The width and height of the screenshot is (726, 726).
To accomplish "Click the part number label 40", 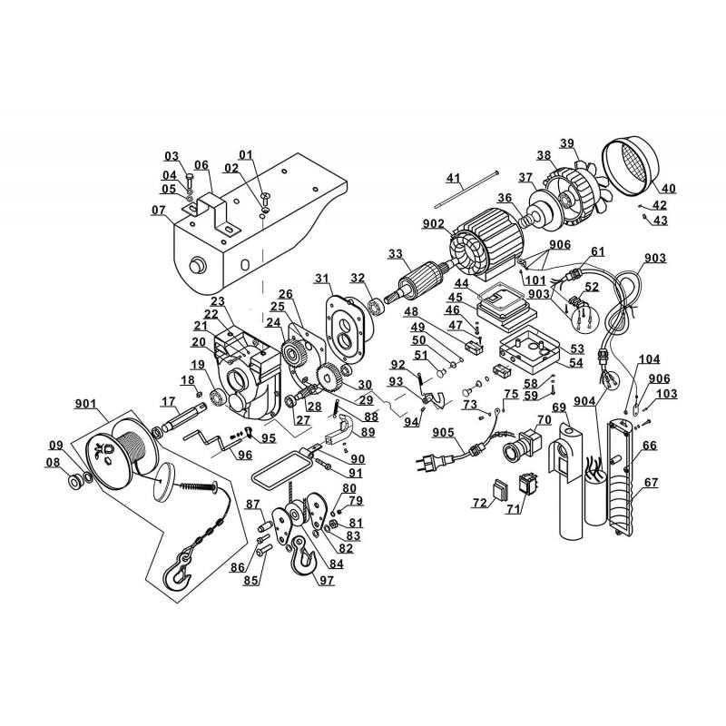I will [x=669, y=189].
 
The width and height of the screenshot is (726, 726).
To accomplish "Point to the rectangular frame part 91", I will [x=279, y=469].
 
